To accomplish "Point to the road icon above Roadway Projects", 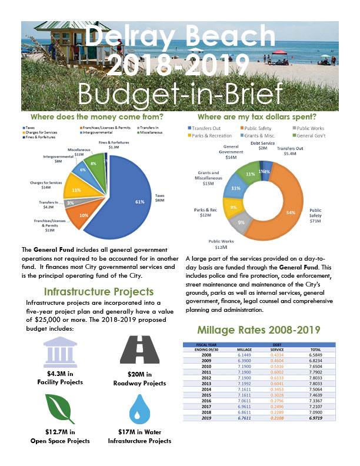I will [x=140, y=351].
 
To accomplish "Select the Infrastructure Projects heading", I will [x=99, y=291].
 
